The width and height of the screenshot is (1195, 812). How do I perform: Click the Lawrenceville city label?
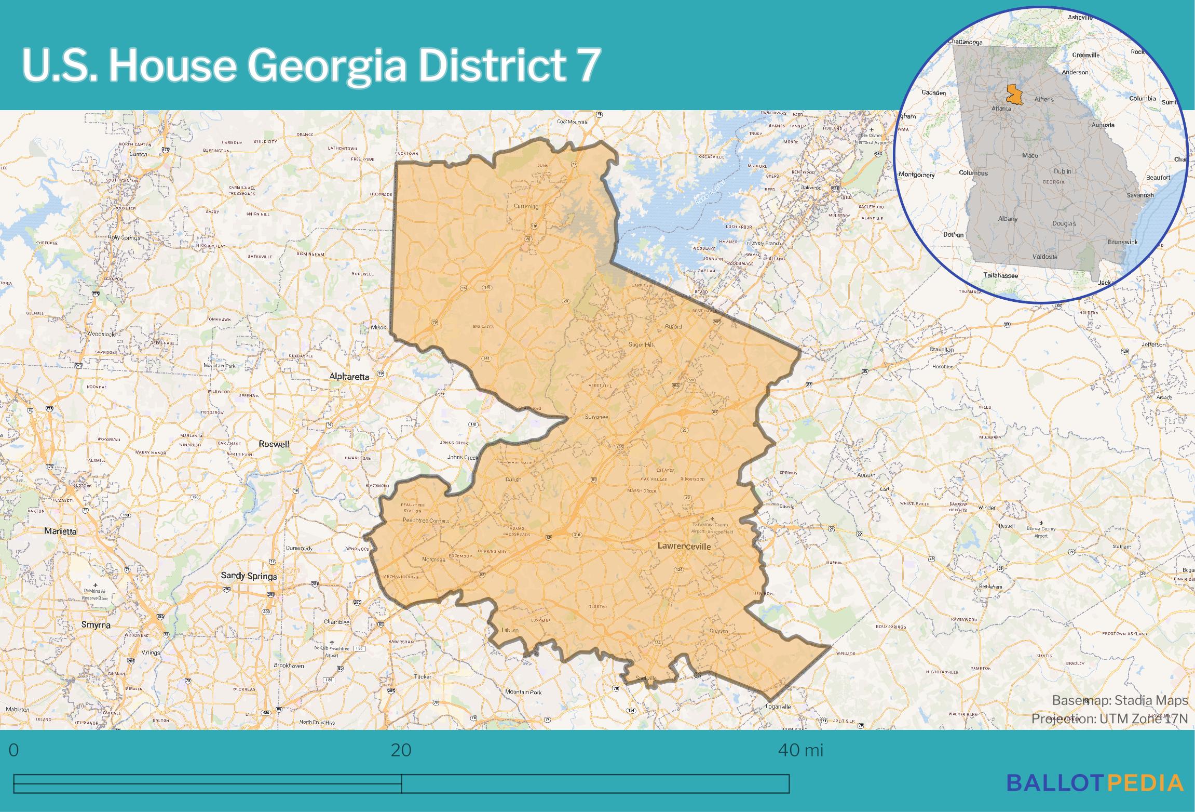coord(684,547)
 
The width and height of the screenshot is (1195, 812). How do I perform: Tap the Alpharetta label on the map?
coord(349,377)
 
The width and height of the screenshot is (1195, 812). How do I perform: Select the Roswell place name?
coord(274,444)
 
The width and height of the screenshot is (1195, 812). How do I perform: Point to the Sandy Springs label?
coord(249,576)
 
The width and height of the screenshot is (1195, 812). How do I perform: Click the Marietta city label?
coord(60,531)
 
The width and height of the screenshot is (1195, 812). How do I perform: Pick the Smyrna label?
coord(96,625)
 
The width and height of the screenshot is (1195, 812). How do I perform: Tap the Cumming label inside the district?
coord(526,206)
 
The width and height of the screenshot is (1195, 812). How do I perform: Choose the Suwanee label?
coord(596,417)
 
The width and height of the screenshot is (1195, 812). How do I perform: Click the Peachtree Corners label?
coord(426,520)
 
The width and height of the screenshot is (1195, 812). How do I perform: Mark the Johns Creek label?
coord(462,458)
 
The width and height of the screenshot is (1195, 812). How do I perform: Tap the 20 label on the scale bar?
coord(401,750)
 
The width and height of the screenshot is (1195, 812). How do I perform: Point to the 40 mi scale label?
coord(800,750)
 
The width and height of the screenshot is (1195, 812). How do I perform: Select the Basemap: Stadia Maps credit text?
coord(1120,700)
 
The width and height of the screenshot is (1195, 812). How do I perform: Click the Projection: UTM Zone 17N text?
coord(1109,718)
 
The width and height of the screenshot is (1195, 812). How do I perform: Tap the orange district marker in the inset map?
coord(1013,94)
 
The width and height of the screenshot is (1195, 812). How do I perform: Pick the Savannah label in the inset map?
coord(1140,195)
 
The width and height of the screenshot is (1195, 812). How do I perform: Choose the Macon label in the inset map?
coord(1031,155)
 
